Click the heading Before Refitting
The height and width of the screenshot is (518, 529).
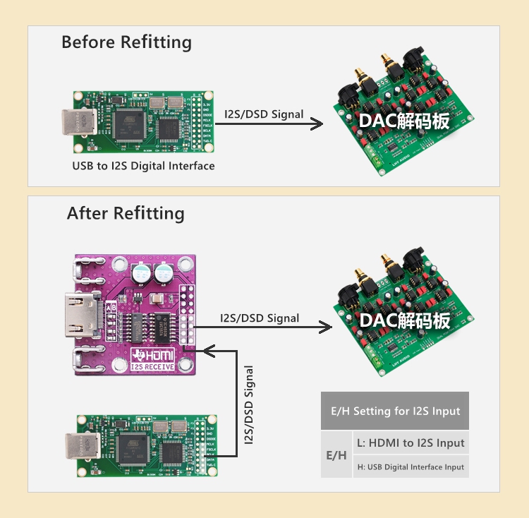[126, 42]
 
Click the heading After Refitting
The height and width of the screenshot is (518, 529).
[126, 213]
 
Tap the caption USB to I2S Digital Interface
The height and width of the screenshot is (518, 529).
[143, 166]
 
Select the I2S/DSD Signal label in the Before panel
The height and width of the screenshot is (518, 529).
[264, 114]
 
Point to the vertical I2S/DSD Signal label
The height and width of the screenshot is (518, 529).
[248, 405]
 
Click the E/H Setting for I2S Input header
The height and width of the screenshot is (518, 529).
[395, 411]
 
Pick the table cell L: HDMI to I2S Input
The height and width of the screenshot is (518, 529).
[411, 442]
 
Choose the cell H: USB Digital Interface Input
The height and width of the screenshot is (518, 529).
[411, 466]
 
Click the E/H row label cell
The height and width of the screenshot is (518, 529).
[336, 455]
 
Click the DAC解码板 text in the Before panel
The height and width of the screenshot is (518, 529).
[404, 121]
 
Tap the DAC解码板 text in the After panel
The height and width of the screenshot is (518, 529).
[404, 320]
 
